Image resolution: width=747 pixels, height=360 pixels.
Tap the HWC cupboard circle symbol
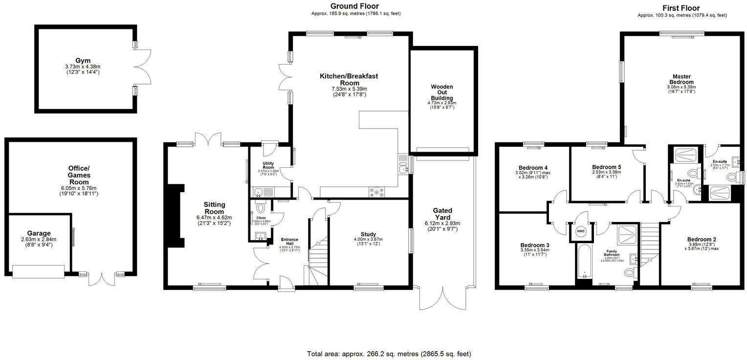pos(581,231)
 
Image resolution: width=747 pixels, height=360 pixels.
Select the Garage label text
pos(39,233)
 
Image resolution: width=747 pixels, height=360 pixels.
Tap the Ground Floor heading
pos(354,6)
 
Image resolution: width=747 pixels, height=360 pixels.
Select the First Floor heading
pos(681,8)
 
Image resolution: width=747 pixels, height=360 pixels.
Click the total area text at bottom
pos(389,354)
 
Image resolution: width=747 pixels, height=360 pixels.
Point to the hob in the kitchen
pos(378,192)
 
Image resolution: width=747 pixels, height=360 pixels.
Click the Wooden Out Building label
pos(441,92)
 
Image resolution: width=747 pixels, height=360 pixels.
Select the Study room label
pos(368,234)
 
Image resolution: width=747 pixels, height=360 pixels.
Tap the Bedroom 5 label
pos(606,167)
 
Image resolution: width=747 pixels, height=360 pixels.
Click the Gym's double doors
pos(143,67)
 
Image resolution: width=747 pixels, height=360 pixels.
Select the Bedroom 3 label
pos(534,245)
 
